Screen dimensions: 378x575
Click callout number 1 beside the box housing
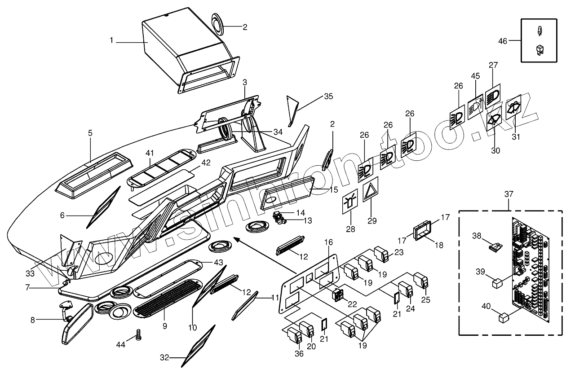coord(111,40)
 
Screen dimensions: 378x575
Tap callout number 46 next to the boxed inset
coord(503,41)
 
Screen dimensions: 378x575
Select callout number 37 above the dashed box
coord(508,194)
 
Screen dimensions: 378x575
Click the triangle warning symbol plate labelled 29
coord(371,192)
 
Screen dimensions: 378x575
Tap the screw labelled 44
coord(138,334)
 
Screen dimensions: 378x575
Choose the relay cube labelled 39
coord(498,283)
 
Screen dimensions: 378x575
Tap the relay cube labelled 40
coord(503,318)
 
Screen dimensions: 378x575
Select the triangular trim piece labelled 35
coord(292,110)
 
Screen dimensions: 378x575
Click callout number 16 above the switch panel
coord(329,242)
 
